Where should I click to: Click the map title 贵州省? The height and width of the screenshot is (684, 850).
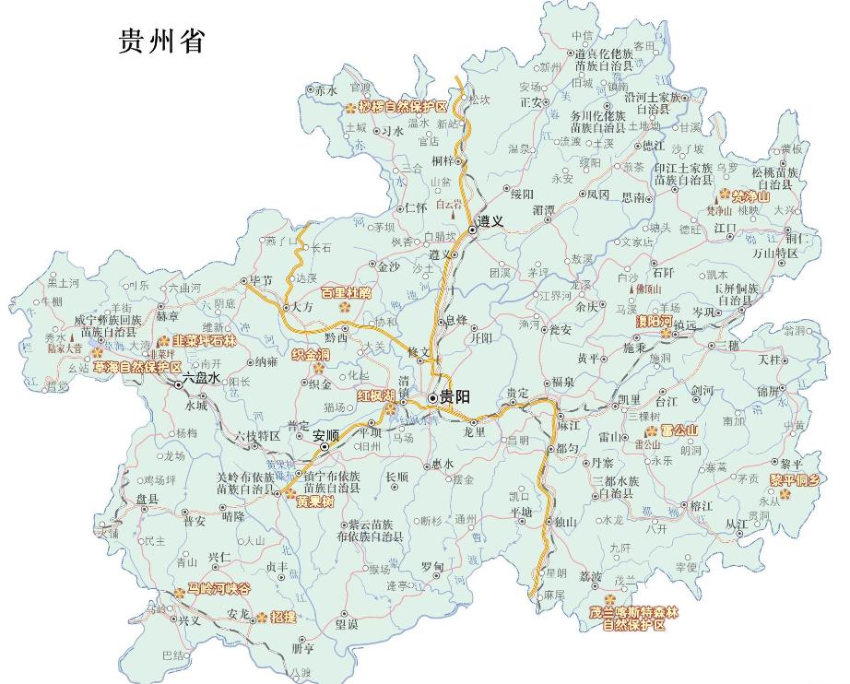(161, 41)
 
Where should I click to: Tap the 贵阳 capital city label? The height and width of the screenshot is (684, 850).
(455, 397)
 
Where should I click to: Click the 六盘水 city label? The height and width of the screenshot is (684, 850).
(203, 378)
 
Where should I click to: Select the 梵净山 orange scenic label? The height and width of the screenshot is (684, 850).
(752, 195)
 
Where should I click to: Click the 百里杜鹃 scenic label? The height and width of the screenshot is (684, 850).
(353, 293)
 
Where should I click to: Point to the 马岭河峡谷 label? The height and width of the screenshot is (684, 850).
(218, 587)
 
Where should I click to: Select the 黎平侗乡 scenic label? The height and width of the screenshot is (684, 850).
(801, 479)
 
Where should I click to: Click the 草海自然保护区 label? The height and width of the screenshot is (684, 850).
(137, 367)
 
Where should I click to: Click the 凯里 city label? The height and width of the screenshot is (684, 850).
(629, 398)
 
